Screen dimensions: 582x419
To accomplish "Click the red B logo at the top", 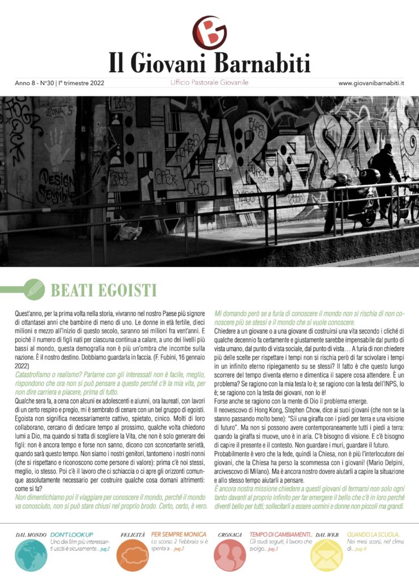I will coord(209,33).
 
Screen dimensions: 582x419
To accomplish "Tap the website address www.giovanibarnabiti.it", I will coord(371,83).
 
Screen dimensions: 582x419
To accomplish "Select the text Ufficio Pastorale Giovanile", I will coord(209,83).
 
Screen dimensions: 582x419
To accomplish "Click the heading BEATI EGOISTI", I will coord(103,290).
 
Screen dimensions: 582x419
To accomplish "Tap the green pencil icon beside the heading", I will coord(34,289).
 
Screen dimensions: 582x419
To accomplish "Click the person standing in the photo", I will coord(388,173).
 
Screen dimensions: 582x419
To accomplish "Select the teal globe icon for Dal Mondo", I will coord(31,555).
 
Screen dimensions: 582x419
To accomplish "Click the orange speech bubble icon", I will coord(135,555).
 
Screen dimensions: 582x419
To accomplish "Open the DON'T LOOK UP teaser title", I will coord(72,535).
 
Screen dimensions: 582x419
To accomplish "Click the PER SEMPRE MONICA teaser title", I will coord(179,535).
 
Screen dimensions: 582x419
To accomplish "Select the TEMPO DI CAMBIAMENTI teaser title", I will coord(280,535).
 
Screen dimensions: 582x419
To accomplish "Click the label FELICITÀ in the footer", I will coord(134,535).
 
